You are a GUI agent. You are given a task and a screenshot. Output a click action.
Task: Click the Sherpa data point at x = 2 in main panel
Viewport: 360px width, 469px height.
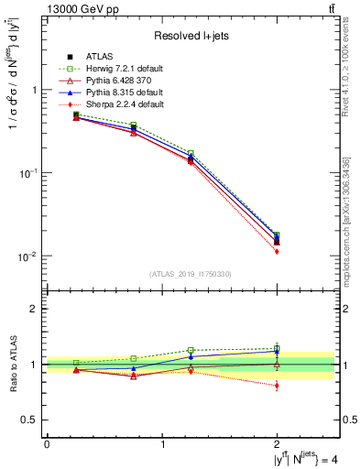(x=277, y=251)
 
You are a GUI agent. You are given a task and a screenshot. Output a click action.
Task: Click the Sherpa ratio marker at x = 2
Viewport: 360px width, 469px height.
(x=277, y=386)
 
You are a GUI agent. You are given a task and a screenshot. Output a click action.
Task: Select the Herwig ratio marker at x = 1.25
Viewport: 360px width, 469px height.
(x=191, y=351)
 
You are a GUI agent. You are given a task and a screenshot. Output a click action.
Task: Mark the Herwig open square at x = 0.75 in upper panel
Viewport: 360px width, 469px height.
(x=134, y=125)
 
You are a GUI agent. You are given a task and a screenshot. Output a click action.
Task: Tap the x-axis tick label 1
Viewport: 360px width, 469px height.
(x=162, y=443)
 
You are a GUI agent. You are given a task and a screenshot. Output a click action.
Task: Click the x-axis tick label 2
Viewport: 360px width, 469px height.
(x=278, y=443)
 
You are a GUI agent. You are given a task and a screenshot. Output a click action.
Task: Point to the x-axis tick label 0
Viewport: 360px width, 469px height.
(x=47, y=443)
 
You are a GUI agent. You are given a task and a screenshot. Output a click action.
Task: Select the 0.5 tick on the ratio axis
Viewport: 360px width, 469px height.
(x=34, y=420)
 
